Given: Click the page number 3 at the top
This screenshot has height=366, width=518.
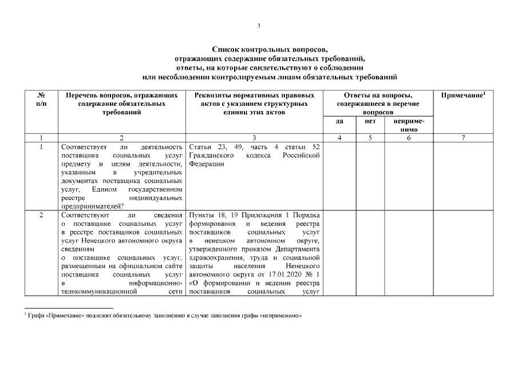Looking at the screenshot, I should [259, 25].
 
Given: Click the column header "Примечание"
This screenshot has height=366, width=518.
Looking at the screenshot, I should [463, 95].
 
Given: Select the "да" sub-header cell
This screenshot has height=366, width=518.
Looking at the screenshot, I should [339, 121].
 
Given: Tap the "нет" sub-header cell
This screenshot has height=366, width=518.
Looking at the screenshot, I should [369, 121].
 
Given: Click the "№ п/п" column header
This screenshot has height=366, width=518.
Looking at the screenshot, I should [41, 99].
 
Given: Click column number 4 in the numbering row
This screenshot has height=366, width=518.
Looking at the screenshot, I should [339, 138].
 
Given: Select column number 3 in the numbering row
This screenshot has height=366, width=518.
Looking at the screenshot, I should [254, 138].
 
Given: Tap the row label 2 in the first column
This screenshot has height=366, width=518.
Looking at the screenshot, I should [41, 215].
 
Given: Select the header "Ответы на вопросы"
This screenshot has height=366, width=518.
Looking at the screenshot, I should [378, 95].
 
